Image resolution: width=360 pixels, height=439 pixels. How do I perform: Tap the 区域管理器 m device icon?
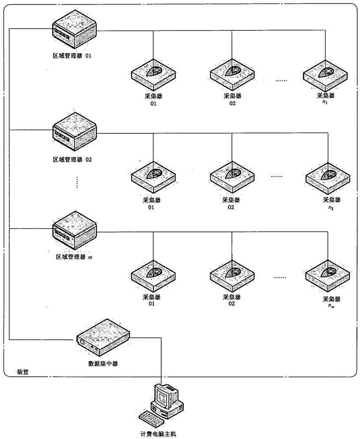[74, 229]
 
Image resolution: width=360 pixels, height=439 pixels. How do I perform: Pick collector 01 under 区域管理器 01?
[153, 73]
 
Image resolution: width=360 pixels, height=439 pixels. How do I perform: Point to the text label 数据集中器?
[103, 364]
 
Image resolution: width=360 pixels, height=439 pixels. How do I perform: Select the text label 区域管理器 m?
[72, 256]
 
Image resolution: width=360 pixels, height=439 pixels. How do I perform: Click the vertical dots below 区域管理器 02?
[77, 182]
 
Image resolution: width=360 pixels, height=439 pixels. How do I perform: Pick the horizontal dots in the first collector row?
[281, 81]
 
